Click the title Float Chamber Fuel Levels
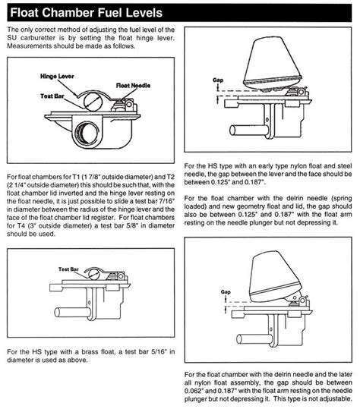click(x=86, y=12)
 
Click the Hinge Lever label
click(x=57, y=76)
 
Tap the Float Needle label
click(x=133, y=85)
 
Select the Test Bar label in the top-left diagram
click(x=52, y=96)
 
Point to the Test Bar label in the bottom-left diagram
click(x=68, y=269)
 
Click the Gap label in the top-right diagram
click(x=218, y=80)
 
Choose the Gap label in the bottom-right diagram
click(x=226, y=292)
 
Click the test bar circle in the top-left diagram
click(x=93, y=102)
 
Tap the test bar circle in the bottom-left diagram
click(x=93, y=275)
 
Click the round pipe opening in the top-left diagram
click(x=87, y=133)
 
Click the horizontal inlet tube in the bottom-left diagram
click(x=73, y=312)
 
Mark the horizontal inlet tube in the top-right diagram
click(x=249, y=131)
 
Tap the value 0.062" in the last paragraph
click(x=194, y=391)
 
